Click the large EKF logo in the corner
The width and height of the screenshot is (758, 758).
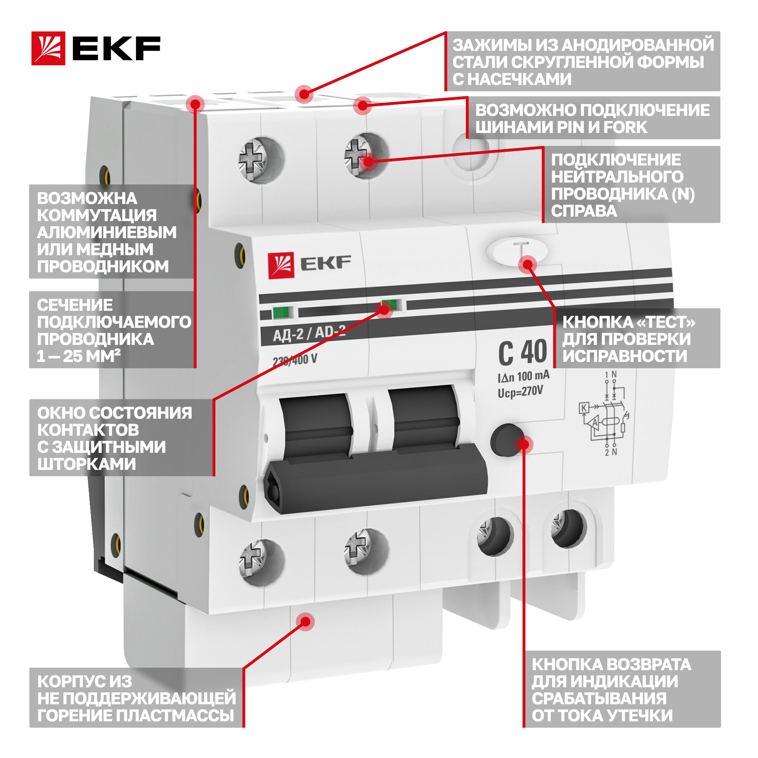coord(96,48)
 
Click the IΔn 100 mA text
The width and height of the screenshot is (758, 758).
coord(523,377)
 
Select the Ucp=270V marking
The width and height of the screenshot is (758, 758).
coord(520,392)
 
